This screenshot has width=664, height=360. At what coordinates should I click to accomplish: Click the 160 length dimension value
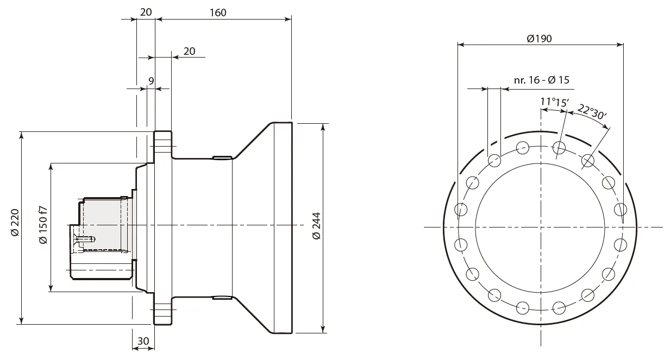tap(217, 12)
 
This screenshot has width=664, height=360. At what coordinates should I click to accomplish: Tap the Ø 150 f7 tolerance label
tap(43, 225)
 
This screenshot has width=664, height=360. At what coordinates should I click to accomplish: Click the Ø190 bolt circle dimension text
tap(540, 39)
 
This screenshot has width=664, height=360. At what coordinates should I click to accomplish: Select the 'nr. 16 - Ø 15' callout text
tap(541, 80)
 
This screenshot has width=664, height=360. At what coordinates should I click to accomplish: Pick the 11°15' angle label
tap(554, 102)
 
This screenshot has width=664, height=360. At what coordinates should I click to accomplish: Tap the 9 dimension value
tap(151, 81)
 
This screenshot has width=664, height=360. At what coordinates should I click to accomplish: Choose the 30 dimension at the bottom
tap(143, 341)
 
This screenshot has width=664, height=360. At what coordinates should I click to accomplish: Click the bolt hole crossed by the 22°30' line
tap(587, 160)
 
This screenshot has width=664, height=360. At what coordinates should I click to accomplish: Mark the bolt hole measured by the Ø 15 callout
tap(494, 160)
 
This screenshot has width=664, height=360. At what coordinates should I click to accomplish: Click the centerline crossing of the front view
tap(541, 226)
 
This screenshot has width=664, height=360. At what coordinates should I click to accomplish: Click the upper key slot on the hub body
tap(222, 159)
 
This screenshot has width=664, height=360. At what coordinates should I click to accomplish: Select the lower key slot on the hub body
tap(222, 298)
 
